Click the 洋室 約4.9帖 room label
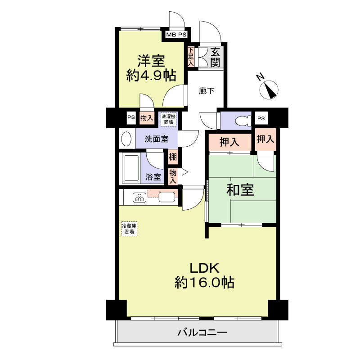[x=151, y=68]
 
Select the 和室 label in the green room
[x=240, y=190]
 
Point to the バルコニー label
[x=202, y=332]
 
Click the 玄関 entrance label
[x=215, y=58]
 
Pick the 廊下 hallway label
[x=207, y=91]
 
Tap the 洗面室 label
[x=156, y=139]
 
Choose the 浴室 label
[x=153, y=177]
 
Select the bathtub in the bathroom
[x=131, y=168]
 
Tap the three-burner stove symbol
[x=139, y=198]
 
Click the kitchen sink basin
[x=166, y=197]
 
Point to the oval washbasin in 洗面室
[x=126, y=139]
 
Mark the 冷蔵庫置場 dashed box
[x=129, y=229]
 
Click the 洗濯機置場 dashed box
[x=168, y=119]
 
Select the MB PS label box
[x=176, y=35]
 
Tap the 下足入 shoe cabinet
[x=191, y=57]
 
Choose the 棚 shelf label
[x=173, y=157]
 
